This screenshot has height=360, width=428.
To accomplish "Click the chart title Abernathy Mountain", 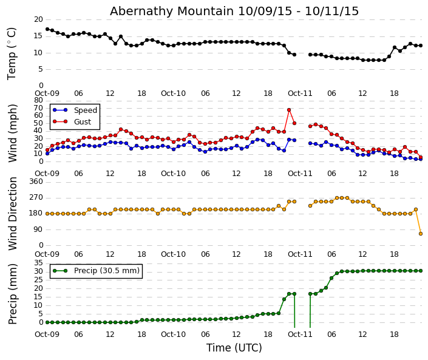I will pos(234,12).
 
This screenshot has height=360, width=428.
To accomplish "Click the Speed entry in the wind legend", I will pos(85,110).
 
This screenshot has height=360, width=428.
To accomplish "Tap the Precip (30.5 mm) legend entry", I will pos(106,271).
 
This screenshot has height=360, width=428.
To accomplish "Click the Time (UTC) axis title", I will pos(234,348).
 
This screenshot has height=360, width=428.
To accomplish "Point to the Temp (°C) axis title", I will pos(12,53).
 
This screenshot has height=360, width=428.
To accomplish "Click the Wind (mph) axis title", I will pos(13,132).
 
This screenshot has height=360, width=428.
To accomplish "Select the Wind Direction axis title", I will pos(13,214).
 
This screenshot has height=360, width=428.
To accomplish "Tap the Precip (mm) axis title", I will pos(13,293).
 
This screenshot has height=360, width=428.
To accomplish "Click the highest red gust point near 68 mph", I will pos(289,110).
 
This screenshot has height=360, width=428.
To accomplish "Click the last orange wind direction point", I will pos(421,234).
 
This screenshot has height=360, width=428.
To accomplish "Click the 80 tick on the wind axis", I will pos(38,100).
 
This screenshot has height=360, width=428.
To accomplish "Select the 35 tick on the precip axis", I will pos(38,263).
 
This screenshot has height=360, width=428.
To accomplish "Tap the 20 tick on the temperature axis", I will pos(38,19).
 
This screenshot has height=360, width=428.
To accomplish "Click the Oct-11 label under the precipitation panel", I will pos(300,335).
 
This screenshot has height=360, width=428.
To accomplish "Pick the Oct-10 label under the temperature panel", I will pos(173,93).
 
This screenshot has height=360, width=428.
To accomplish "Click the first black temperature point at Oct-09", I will pos(47,29).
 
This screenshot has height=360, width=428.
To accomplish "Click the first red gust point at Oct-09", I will pos(47,150).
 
